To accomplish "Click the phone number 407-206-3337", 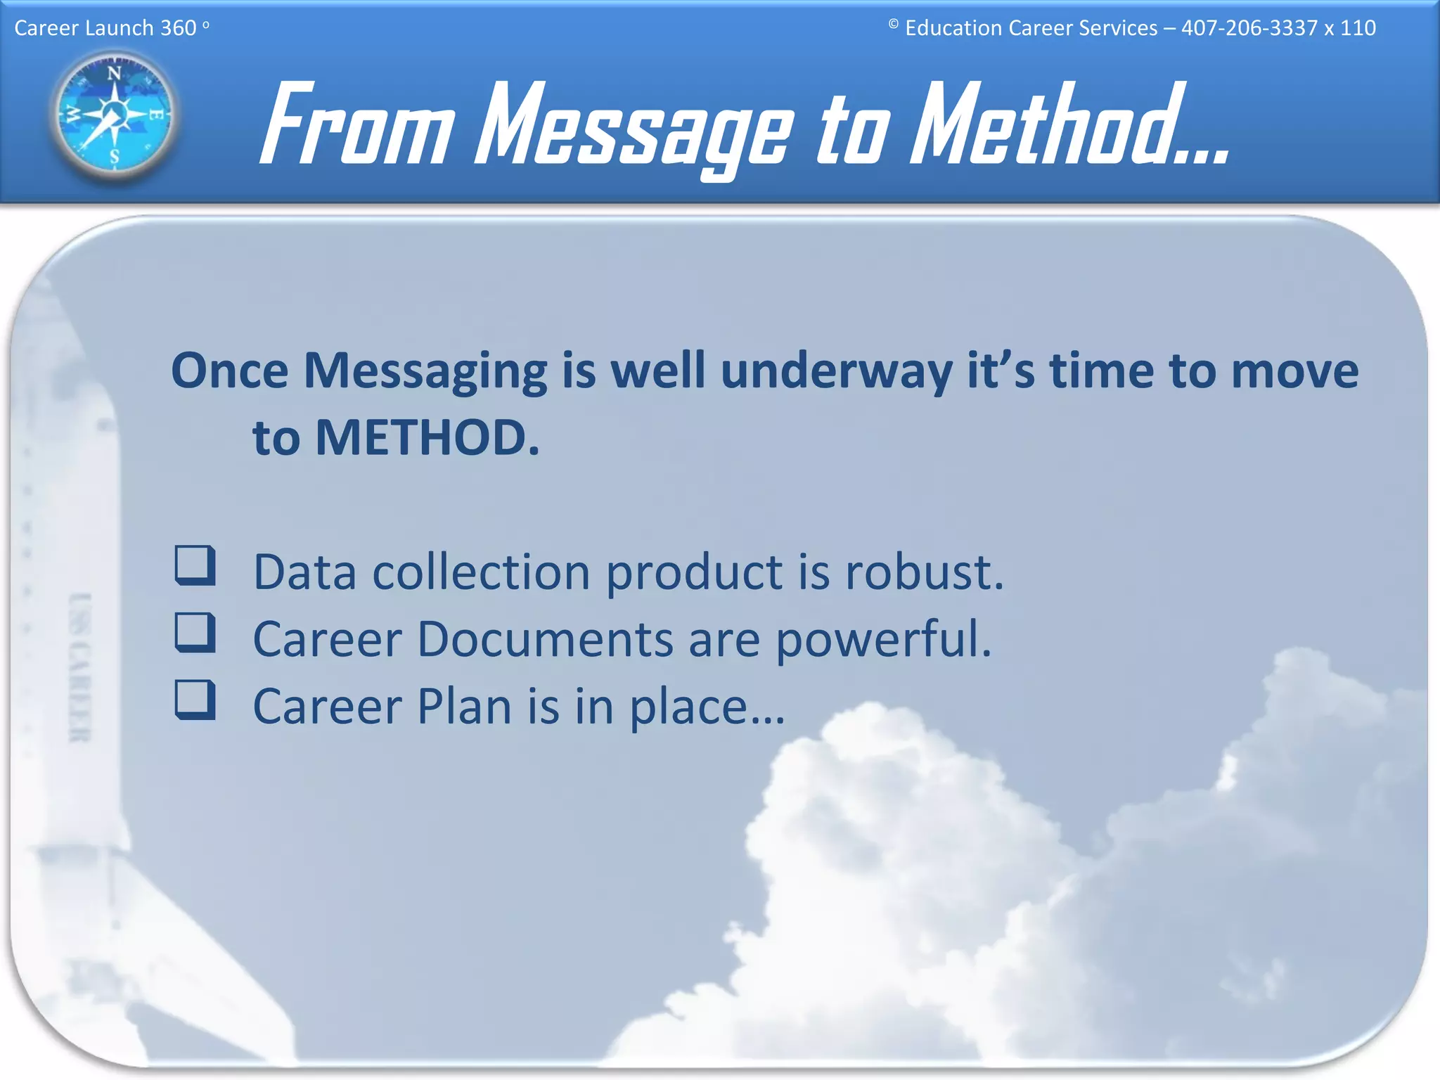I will (1249, 28).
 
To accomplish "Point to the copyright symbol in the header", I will (893, 25).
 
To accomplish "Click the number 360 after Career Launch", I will (178, 28).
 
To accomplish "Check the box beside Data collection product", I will (195, 566).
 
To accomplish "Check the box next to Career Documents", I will (195, 633).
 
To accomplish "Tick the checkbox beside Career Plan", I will (195, 700).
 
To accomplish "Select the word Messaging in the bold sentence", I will (425, 372).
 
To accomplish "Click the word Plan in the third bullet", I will (464, 706).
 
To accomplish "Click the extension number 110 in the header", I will (1357, 28).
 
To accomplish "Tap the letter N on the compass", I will (114, 73).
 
